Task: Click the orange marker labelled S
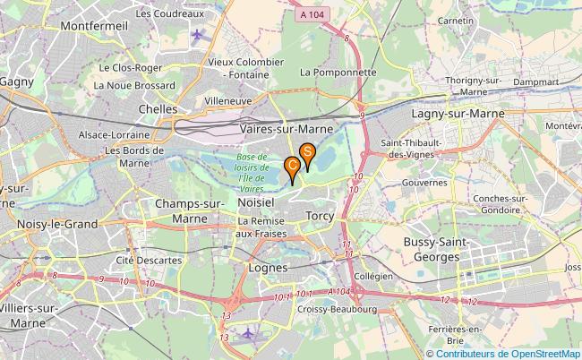click(307, 154)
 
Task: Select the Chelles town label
click(158, 108)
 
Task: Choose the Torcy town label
click(320, 217)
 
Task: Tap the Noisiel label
click(257, 203)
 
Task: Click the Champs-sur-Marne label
click(190, 210)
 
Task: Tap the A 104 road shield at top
click(312, 15)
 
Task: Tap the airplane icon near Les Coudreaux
click(197, 35)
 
